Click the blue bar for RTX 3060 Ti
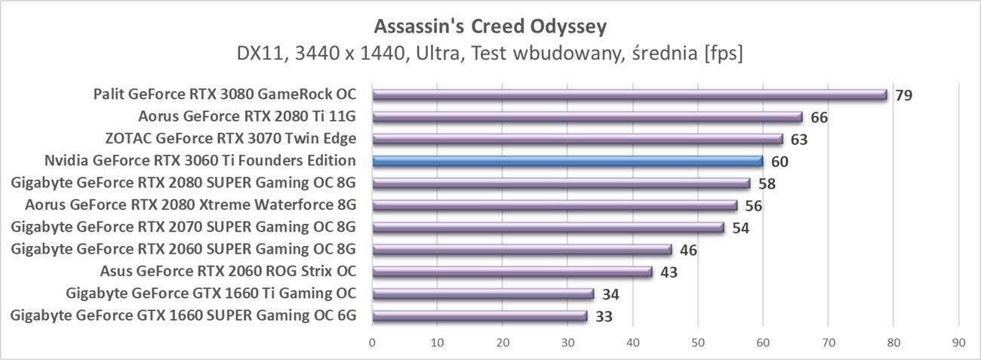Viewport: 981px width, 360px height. [567, 161]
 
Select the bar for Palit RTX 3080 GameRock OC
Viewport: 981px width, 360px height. [629, 95]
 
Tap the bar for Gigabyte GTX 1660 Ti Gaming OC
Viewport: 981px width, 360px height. [483, 294]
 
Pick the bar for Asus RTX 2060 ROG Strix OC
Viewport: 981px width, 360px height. [512, 272]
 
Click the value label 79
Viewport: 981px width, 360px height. [903, 96]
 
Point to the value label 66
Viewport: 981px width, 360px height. [819, 118]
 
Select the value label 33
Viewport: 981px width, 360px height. [604, 316]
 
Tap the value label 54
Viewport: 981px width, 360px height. [740, 228]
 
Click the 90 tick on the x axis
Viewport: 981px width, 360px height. [958, 343]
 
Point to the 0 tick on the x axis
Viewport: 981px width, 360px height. [372, 343]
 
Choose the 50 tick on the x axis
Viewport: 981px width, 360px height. [698, 343]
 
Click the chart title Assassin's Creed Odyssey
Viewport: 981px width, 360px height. [490, 27]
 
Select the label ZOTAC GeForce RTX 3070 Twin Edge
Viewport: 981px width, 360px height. [231, 139]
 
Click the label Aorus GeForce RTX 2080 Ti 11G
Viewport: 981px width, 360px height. [247, 117]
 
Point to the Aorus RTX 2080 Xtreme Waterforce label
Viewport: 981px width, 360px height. [190, 205]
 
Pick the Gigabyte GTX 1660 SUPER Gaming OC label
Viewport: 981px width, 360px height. [183, 315]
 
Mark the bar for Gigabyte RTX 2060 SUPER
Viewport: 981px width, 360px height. [522, 250]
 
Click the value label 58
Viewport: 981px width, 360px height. [767, 183]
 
